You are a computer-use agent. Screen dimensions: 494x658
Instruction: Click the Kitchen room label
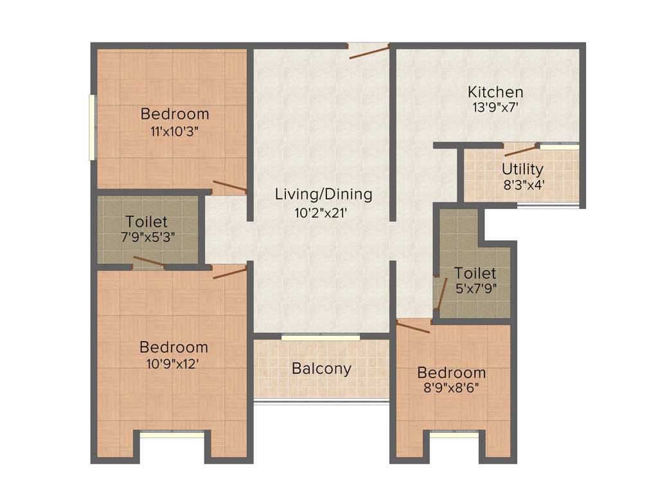click(495, 91)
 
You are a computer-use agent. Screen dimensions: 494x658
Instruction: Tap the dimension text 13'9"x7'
click(495, 108)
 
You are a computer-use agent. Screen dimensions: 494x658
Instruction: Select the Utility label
click(522, 169)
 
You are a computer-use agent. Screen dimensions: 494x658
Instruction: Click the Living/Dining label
click(323, 194)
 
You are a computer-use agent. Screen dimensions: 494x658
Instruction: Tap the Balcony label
click(321, 369)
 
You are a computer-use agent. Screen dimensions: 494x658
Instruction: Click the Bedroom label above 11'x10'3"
click(175, 114)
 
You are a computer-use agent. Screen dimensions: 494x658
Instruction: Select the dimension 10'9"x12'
click(174, 363)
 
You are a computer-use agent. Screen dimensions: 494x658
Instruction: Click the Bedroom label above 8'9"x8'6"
click(451, 373)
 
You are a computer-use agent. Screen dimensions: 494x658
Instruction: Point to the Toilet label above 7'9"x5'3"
click(147, 221)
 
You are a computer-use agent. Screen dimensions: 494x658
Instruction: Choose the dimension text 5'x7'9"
click(476, 288)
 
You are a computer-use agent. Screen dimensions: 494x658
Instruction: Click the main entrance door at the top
click(369, 51)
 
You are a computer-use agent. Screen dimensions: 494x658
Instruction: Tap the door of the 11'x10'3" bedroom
click(229, 187)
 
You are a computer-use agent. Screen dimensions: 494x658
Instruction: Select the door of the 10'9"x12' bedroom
click(229, 272)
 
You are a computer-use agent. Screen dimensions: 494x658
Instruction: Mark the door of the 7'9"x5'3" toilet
click(148, 262)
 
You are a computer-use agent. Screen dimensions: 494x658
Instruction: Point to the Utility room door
click(520, 150)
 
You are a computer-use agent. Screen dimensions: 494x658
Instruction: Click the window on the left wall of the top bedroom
click(93, 127)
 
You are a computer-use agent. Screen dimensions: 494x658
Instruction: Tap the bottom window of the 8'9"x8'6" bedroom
click(454, 435)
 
